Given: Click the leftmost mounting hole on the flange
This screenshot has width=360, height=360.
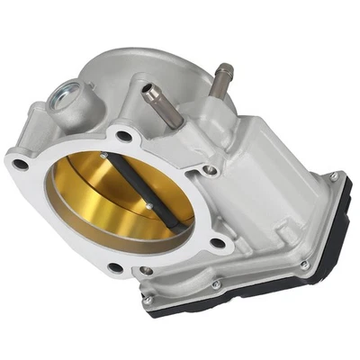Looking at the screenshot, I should click(18, 165).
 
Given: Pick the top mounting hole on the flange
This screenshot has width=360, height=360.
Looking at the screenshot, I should click(124, 136).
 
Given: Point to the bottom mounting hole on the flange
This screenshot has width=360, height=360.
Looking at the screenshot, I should click(114, 267).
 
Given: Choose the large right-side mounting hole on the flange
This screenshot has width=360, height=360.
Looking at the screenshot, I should click(217, 242).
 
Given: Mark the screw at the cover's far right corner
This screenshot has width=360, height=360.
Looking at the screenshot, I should click(335, 177).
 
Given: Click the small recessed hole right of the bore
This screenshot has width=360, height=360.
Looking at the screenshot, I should click(209, 169).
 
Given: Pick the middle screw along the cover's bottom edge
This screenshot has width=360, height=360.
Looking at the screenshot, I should click(216, 285).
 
